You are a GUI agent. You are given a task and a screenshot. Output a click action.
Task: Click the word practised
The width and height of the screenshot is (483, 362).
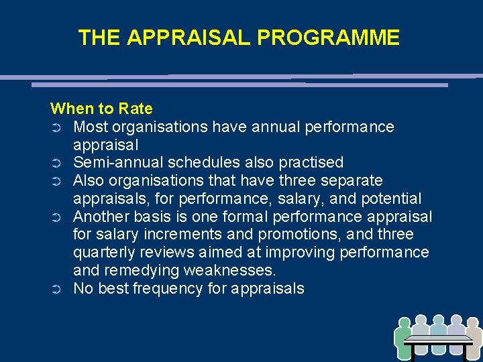[x=311, y=163]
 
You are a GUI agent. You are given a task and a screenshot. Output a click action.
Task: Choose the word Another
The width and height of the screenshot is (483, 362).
[x=102, y=217]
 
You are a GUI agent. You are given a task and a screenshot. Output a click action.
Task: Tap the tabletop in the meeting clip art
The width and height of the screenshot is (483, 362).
[x=439, y=339]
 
